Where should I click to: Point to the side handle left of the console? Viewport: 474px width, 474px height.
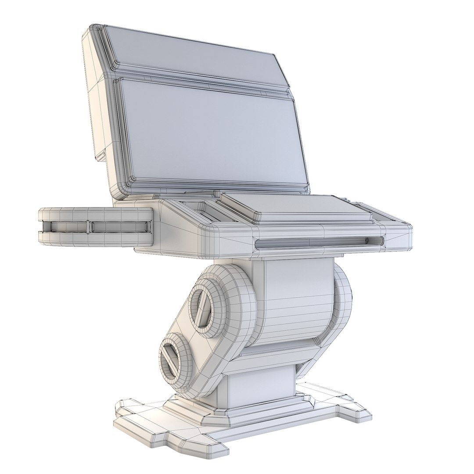click(94, 226)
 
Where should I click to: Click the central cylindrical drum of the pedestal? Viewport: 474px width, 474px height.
click(296, 303)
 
